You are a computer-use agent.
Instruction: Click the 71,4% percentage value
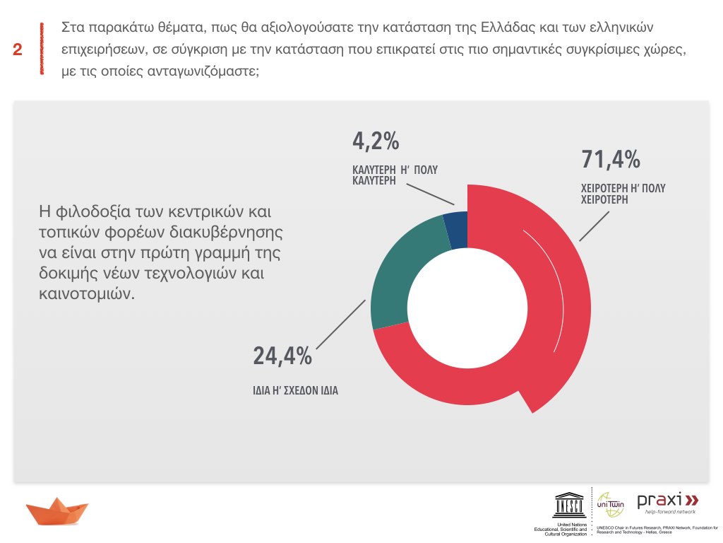tap(611, 160)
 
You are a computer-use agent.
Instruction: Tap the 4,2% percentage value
tap(376, 141)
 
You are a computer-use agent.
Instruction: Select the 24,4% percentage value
tap(282, 356)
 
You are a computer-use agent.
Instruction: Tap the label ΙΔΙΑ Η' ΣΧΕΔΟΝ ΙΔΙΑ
tap(295, 389)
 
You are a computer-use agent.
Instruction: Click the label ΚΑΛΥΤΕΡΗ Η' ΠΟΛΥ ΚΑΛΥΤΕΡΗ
tap(390, 175)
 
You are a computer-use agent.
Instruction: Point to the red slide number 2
tap(17, 49)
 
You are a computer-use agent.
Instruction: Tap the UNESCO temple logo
tap(568, 504)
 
